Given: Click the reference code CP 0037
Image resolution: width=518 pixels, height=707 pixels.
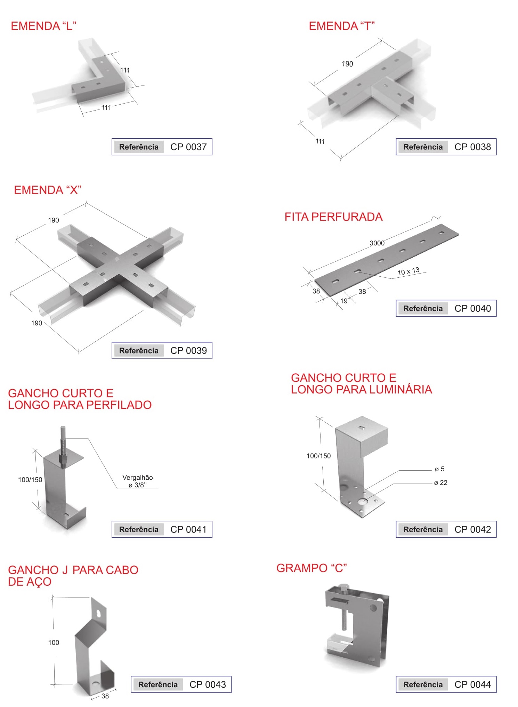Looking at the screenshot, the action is pos(188,147).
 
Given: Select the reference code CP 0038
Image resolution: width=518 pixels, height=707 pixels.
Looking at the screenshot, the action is pos(473,147).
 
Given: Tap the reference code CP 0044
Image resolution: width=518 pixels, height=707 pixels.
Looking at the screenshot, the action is pos(473,684).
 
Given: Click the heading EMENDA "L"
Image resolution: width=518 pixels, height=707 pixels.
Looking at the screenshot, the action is pos(43,26).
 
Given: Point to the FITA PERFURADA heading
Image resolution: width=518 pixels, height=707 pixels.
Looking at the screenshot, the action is pos(333,217).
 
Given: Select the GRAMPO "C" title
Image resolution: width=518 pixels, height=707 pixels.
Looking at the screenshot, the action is pos(311,568).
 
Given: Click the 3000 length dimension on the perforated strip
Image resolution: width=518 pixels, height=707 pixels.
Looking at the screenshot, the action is pos(377,243).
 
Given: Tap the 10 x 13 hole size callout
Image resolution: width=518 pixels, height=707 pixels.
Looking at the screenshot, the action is pos(408,271).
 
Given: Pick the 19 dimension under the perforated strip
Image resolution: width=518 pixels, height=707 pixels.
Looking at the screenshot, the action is pos(344,301).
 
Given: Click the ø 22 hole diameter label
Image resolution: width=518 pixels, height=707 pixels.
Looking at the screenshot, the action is pos(440,483).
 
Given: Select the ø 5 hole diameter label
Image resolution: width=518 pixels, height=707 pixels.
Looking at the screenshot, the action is pos(439,469).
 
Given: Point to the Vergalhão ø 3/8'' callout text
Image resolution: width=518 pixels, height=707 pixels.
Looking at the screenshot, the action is pos(138,481).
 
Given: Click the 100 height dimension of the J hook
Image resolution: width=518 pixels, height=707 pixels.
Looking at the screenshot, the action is pos(54,643).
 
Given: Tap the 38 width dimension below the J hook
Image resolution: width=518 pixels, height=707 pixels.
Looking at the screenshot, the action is pos(105,696).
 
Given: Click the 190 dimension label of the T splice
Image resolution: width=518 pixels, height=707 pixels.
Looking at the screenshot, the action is pos(347,64).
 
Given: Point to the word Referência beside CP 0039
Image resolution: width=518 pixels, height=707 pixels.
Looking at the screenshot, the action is pos(139,351).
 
